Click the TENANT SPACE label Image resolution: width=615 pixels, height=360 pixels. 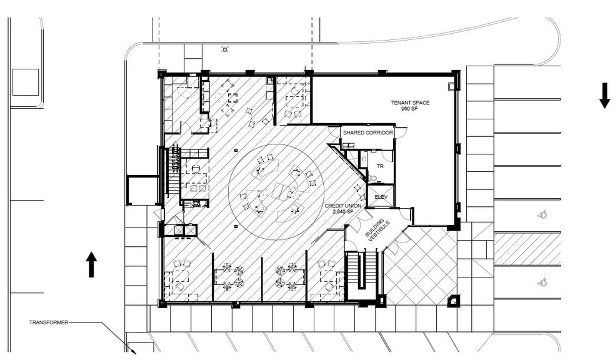point(410,102)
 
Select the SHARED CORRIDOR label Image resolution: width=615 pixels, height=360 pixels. point(367,133)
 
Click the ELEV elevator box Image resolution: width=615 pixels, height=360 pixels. point(381,196)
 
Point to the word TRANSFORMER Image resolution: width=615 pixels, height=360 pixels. point(49,322)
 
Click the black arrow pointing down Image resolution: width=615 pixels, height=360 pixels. point(604,95)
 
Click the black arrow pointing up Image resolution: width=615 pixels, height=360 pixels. point(91,264)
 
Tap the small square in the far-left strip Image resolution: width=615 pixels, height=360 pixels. point(26,82)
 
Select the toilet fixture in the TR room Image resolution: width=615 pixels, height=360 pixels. point(372,177)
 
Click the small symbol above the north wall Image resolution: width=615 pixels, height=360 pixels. point(224,49)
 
